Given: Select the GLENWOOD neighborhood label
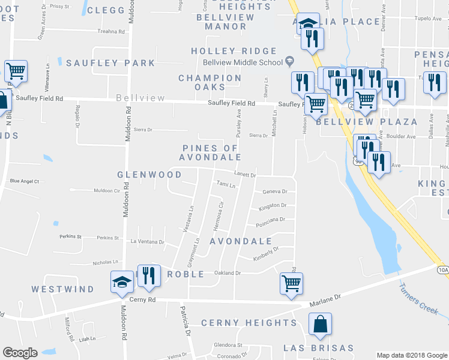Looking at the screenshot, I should pyautogui.click(x=149, y=175).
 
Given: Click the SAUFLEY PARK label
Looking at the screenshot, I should pyautogui.click(x=110, y=63).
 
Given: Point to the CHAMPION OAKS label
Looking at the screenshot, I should pyautogui.click(x=210, y=83).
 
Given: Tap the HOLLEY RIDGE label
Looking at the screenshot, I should pyautogui.click(x=234, y=52).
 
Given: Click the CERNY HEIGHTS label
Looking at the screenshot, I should pyautogui.click(x=249, y=323).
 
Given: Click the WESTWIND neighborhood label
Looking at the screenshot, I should pyautogui.click(x=63, y=289).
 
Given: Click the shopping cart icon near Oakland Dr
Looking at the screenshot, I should pyautogui.click(x=291, y=283).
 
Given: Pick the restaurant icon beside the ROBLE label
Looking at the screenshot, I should pyautogui.click(x=149, y=275).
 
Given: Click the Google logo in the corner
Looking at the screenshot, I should pyautogui.click(x=20, y=353).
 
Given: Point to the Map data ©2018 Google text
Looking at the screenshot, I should pyautogui.click(x=412, y=355).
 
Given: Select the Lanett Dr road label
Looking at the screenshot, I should pyautogui.click(x=245, y=175).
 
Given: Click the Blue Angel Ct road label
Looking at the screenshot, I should pyautogui.click(x=25, y=181).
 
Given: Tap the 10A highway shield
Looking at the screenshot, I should pyautogui.click(x=443, y=270).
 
